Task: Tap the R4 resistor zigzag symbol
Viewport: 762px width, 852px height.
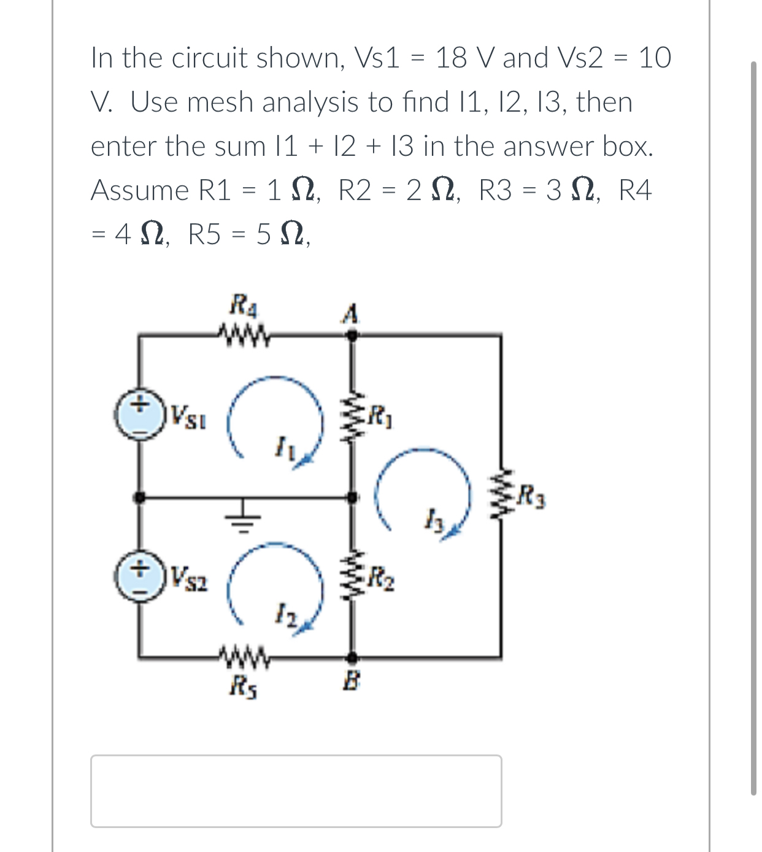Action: [x=242, y=335]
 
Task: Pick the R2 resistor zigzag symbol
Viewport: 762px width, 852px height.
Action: [x=352, y=577]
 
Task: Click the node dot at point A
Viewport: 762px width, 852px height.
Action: [x=352, y=335]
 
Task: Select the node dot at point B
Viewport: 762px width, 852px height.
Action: [x=352, y=658]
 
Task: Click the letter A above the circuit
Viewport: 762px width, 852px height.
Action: [x=350, y=314]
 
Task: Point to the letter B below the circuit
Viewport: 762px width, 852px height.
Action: [x=352, y=680]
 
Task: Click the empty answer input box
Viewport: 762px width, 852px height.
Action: [x=296, y=791]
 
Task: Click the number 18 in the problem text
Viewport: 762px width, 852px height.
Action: [x=450, y=58]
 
